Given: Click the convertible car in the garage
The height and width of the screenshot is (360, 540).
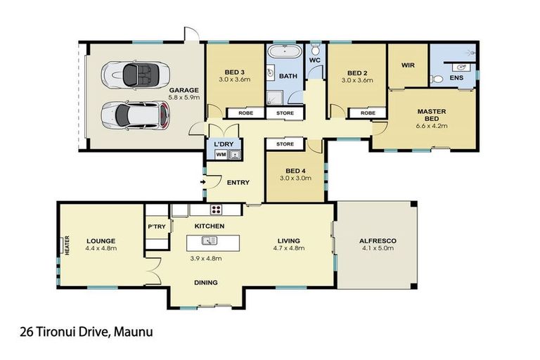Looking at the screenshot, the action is [x=135, y=75].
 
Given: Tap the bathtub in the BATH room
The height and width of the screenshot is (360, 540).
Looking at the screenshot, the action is [x=285, y=51].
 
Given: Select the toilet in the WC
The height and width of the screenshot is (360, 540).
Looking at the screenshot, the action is [x=315, y=49].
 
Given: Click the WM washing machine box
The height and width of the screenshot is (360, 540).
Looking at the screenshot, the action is [x=221, y=155].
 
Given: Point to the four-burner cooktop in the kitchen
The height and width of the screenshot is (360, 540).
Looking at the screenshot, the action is [x=217, y=210].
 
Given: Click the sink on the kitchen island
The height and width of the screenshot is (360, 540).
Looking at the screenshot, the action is [x=210, y=240].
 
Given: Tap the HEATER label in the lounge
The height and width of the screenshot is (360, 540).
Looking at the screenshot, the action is [x=67, y=245].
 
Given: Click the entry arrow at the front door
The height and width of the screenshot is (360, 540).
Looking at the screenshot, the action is [x=203, y=182].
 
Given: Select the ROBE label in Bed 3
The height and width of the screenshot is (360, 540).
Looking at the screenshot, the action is [x=245, y=113].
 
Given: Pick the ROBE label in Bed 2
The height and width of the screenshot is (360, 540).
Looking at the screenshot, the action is [x=368, y=113].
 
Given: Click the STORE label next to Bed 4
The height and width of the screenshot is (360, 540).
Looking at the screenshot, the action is [x=285, y=144].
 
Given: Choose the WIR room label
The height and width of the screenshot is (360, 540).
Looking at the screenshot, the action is [x=408, y=65].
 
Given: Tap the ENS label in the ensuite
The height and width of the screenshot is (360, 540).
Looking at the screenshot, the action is [x=456, y=78].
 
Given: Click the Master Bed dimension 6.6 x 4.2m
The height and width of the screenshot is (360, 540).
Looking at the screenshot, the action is [x=432, y=126].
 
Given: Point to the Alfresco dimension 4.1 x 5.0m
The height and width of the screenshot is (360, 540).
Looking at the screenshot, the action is [x=378, y=248].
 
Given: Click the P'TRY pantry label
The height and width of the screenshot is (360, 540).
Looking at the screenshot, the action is [x=157, y=226].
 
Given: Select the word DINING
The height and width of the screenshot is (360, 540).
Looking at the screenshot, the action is [x=206, y=283].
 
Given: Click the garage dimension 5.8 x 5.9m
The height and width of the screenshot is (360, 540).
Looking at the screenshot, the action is [x=184, y=98].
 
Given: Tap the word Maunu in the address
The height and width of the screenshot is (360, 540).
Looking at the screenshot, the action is [x=134, y=332].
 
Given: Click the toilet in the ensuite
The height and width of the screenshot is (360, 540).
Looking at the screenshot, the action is [x=437, y=79].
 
